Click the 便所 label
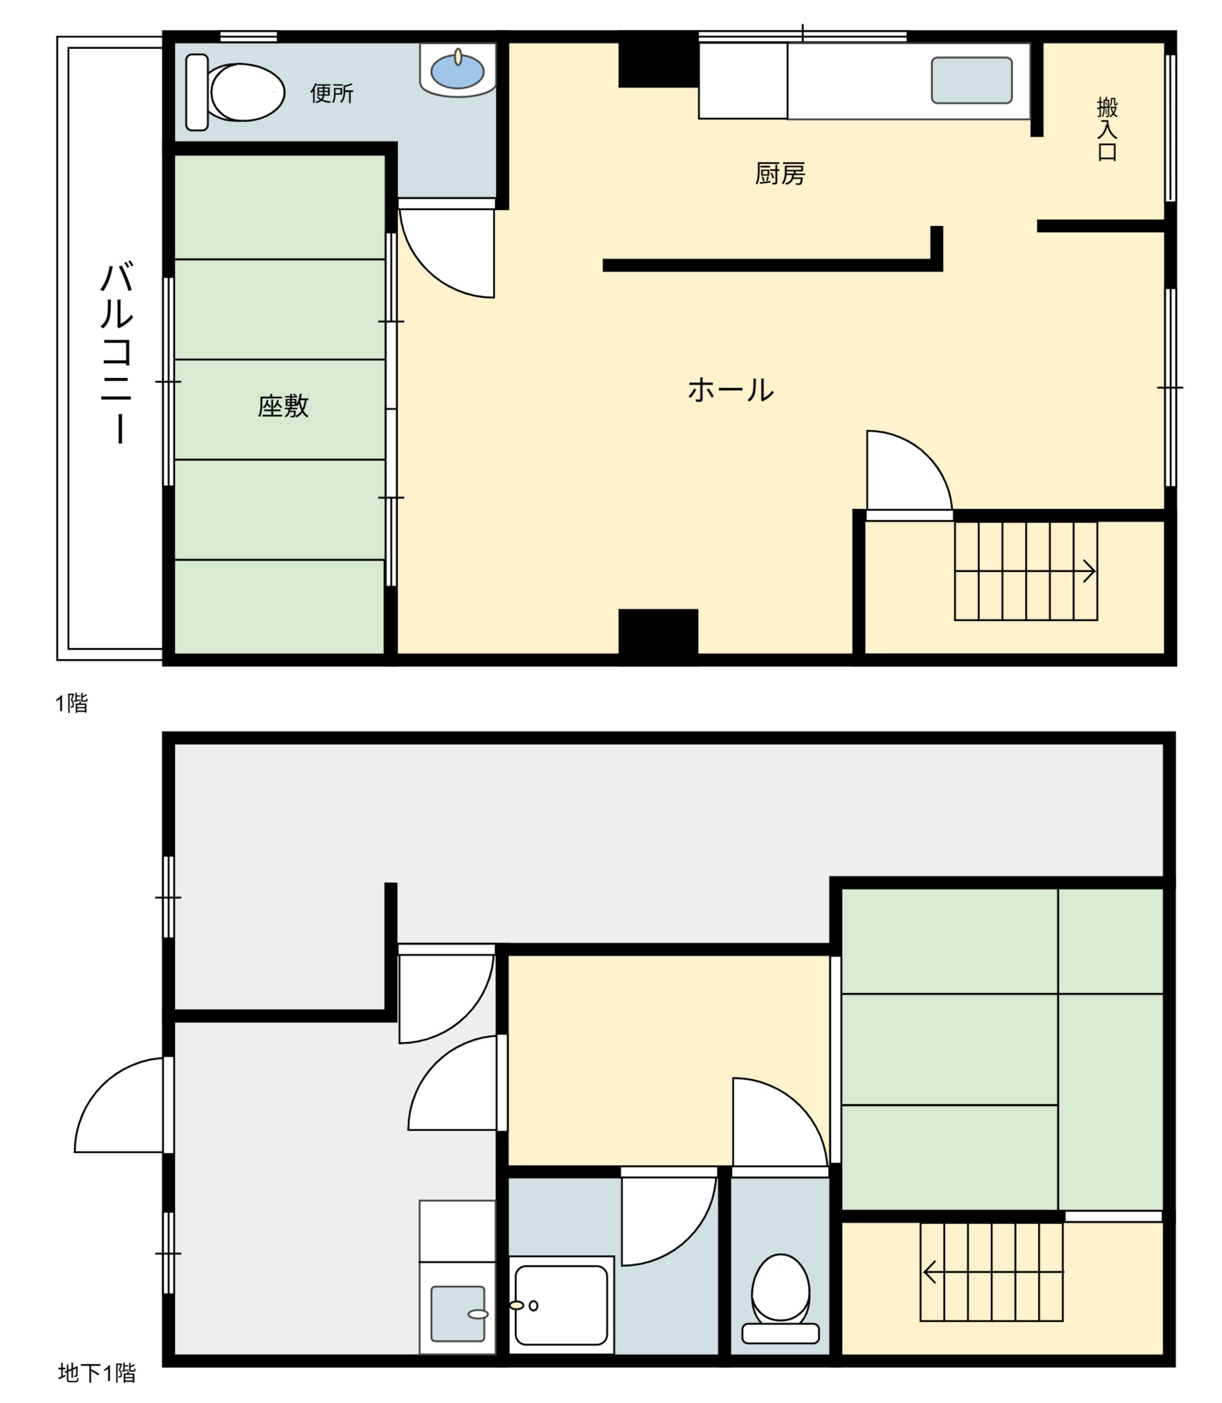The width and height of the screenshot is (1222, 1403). pos(332,94)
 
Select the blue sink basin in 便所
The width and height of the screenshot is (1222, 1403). pos(458,71)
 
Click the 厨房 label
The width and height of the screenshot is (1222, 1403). pos(779,174)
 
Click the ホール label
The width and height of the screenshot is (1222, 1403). pos(730,391)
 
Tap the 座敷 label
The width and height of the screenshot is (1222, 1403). pos(283,406)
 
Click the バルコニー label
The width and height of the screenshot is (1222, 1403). pos(118,353)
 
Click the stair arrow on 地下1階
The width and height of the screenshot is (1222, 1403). pos(930,1272)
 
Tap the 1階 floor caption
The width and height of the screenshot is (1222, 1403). pos(71,703)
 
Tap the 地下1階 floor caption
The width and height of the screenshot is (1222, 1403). pos(97,1373)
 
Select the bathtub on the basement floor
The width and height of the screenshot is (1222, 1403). pos(561,1305)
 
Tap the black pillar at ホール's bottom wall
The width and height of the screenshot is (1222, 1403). pos(658,632)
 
